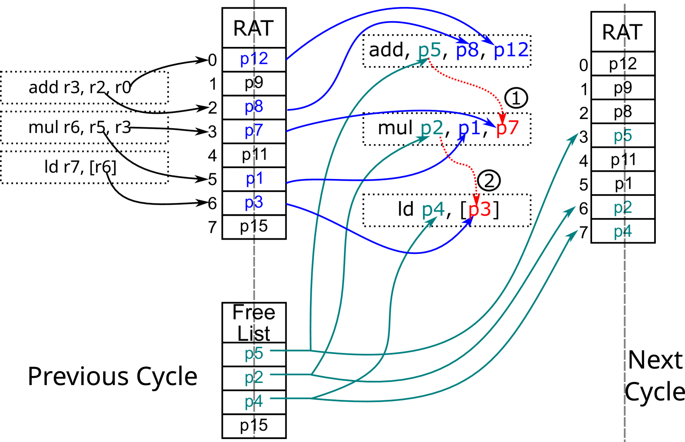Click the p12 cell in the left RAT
pos(254,59)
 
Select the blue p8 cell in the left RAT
pos(254,107)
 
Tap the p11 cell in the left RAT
pos(254,155)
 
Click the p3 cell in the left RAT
pos(254,203)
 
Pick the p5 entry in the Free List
pos(254,354)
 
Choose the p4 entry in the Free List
pos(254,402)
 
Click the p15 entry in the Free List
pos(254,426)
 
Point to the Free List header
pos(254,323)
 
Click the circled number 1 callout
pos(516,98)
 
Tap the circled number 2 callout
pos(489,181)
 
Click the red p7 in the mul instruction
pos(507,128)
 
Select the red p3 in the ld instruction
pos(480,210)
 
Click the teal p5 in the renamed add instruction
pos(430,50)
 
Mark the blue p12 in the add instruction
pos(511,50)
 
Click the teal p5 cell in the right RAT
pos(623,136)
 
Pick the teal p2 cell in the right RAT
pos(623,208)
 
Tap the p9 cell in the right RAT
pos(623,88)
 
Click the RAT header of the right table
pos(623,33)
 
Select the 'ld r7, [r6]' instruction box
pos(84,167)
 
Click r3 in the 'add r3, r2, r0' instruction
pos(72,88)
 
